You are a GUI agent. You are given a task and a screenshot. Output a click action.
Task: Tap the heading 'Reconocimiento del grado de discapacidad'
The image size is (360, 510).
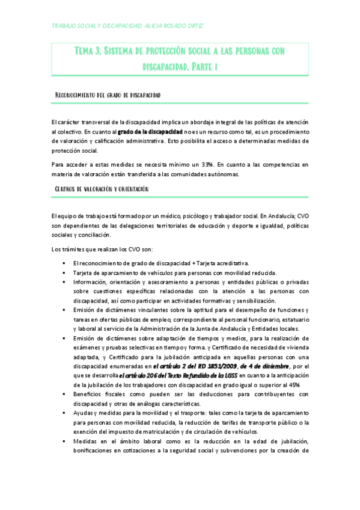107,95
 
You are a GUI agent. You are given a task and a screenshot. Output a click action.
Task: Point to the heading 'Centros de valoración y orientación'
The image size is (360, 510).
101,190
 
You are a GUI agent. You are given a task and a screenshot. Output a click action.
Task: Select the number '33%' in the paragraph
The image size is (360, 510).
208,164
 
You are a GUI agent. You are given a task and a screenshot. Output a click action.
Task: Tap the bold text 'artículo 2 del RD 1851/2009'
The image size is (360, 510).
194,367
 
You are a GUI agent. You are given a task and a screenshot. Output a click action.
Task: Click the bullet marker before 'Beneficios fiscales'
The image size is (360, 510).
63,395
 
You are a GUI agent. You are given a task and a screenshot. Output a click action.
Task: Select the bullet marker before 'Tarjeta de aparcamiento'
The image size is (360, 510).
63,272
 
